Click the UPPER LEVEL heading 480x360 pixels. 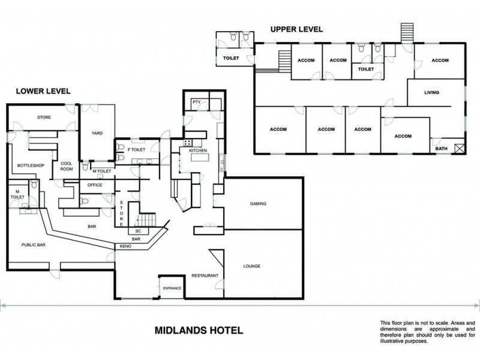(296, 29)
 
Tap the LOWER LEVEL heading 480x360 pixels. (43, 91)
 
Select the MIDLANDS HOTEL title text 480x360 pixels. (199, 330)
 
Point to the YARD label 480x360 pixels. (97, 133)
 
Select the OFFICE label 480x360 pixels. (95, 185)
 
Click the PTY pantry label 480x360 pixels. (196, 103)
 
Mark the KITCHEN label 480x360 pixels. (198, 150)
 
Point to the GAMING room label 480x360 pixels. (258, 203)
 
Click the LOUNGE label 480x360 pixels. (252, 266)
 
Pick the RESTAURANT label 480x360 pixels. (205, 275)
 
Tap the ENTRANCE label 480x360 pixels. (172, 289)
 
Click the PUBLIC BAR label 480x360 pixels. (34, 245)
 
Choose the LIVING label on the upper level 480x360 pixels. (431, 92)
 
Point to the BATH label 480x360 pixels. (441, 148)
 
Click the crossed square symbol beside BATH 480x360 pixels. (460, 148)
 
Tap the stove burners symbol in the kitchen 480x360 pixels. (187, 143)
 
